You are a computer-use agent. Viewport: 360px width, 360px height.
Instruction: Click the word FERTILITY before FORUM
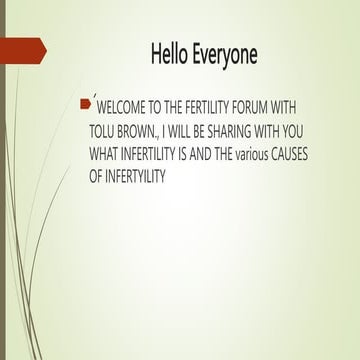tap(222, 107)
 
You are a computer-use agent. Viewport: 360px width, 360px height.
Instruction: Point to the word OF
tap(111, 176)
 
